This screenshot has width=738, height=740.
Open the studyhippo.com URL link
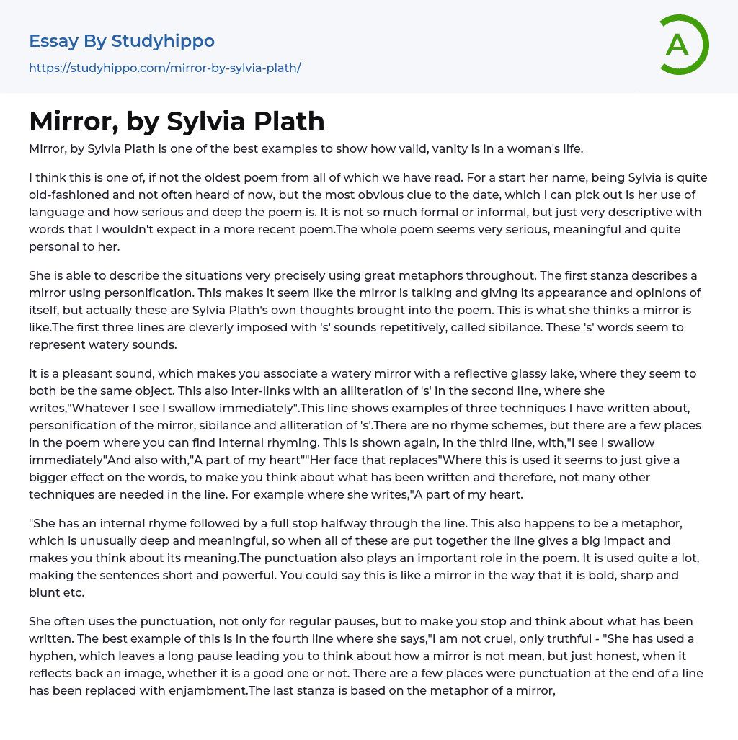(164, 68)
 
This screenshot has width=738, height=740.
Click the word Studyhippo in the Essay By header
(163, 41)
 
